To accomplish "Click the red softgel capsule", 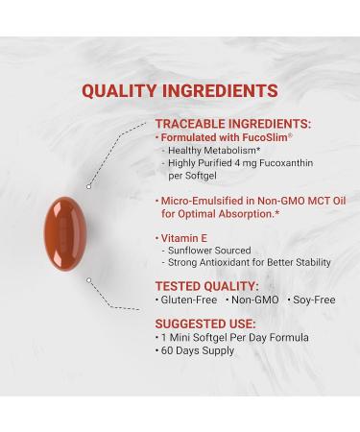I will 63,231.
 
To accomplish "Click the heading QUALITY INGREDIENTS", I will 180,91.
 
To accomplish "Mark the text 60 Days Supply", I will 197,351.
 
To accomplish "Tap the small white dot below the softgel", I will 88,280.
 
